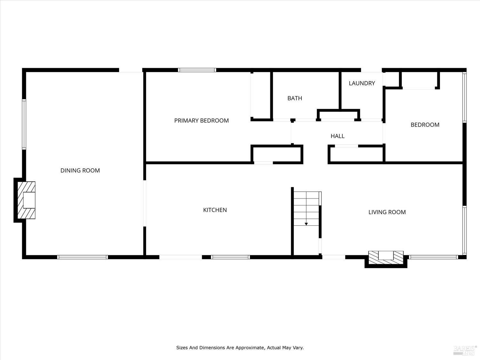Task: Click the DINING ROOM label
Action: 80,171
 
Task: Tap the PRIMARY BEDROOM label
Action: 201,121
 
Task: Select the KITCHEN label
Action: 215,210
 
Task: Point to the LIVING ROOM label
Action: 387,212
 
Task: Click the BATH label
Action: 294,98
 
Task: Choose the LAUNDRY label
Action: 362,83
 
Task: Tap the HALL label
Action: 337,136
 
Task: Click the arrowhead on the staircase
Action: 306,224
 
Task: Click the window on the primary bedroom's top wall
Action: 197,70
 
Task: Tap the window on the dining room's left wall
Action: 24,124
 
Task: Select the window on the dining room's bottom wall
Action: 83,257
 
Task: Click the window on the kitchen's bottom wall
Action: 230,257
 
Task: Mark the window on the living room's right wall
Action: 464,230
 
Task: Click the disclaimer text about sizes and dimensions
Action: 240,348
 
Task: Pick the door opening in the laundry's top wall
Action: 372,70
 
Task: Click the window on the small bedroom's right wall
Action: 464,97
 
